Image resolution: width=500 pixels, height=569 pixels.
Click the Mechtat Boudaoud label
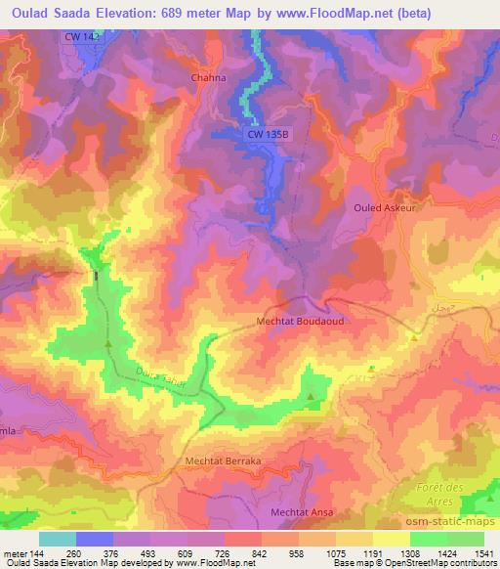tap(301, 320)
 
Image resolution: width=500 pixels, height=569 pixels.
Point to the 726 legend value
tap(225, 552)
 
